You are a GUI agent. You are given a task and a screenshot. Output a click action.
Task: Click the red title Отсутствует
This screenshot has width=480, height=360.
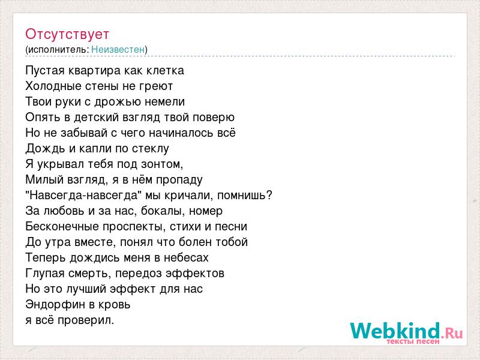coord(67,34)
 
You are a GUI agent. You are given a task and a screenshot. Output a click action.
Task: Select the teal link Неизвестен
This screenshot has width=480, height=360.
coord(118,49)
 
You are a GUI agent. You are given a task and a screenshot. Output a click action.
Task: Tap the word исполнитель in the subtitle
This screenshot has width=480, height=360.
coord(58,49)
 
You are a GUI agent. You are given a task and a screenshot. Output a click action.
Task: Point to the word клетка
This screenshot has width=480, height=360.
coord(165,71)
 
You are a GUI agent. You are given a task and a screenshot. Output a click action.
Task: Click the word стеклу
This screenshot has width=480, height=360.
coord(151,149)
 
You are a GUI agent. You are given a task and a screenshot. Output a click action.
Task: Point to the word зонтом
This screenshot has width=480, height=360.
coord(161,164)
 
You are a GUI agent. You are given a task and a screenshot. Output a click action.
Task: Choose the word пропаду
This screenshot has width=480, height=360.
coord(179,180)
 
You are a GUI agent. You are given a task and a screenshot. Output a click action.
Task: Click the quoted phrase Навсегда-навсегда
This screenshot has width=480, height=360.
coord(83,195)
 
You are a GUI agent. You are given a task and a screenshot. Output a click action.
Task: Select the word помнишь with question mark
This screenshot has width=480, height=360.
coord(245,195)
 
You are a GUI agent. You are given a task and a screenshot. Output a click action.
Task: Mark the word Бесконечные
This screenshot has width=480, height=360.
coord(62,227)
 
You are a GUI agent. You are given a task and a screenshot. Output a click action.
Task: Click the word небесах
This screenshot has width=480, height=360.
coord(186,258)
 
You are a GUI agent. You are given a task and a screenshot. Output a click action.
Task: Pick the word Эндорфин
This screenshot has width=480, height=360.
coord(58,305)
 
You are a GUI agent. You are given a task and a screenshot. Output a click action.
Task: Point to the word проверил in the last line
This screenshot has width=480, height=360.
coord(86,320)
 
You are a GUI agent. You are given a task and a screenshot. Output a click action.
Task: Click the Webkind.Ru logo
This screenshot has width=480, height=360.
coord(407,333)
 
